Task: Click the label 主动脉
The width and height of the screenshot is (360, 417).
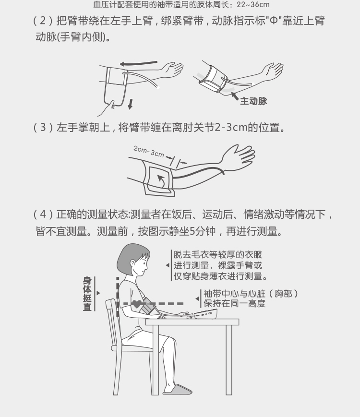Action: [x=253, y=101]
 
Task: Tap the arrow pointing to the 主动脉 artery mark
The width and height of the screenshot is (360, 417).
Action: [x=235, y=96]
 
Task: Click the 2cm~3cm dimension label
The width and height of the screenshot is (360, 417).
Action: [x=148, y=151]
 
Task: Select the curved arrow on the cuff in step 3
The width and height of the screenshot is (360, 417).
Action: [x=161, y=180]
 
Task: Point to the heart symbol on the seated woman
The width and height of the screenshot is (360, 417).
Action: [x=137, y=304]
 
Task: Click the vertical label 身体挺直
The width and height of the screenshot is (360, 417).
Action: [x=87, y=294]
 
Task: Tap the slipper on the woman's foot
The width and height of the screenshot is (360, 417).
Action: [x=178, y=389]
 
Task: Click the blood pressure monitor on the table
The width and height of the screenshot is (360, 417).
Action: [x=206, y=314]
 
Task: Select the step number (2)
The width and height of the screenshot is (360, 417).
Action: [x=43, y=21]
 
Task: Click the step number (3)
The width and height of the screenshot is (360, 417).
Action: [x=43, y=127]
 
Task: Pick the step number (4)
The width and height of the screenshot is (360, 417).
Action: [x=43, y=214]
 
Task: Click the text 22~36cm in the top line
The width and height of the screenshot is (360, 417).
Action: [x=253, y=4]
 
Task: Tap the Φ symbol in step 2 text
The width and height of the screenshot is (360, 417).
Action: [x=274, y=21]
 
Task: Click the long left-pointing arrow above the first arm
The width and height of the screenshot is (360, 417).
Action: [x=138, y=63]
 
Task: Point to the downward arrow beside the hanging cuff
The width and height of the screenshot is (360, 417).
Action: [x=130, y=104]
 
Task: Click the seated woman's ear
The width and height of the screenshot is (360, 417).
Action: [x=133, y=263]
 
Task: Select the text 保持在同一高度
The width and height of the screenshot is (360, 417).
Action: [x=234, y=303]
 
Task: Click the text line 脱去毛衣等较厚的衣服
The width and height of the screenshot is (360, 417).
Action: [x=217, y=254]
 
